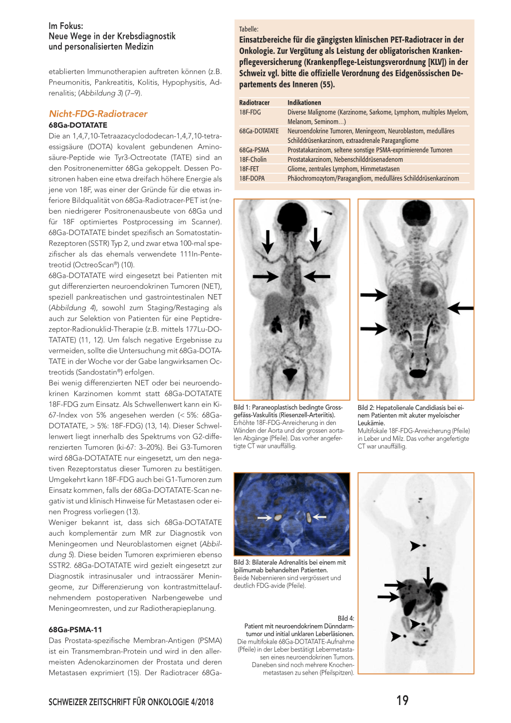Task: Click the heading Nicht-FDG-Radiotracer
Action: pos(98,114)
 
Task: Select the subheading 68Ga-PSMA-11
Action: pos(75,630)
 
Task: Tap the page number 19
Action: pos(402,701)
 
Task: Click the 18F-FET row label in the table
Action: pos(249,169)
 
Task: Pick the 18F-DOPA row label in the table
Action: pos(252,178)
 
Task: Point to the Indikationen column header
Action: pos(304,102)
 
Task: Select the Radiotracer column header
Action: pos(254,102)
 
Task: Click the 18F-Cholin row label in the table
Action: pos(253,159)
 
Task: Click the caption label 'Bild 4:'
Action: pos(346,618)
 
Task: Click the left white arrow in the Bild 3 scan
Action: pos(264,518)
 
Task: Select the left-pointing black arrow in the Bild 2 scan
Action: pos(460,308)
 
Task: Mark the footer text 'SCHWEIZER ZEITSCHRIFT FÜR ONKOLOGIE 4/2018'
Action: pos(131,702)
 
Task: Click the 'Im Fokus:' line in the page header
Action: pos(66,26)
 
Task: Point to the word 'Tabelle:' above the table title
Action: pos(249,29)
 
